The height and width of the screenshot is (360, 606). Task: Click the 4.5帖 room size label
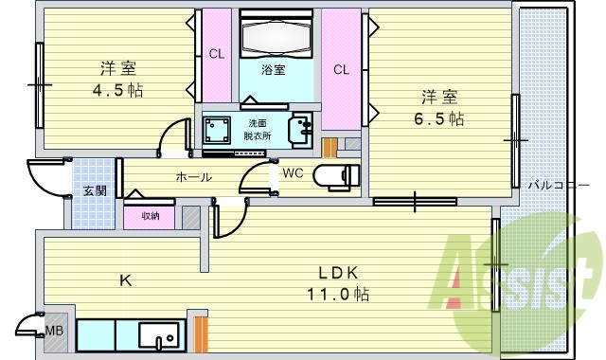pos(118,91)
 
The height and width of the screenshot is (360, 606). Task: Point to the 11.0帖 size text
pos(338,294)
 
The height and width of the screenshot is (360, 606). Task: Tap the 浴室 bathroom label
pos(274,69)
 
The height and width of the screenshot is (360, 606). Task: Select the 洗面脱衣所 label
pos(258,130)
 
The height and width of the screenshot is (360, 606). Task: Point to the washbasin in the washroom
pos(303,128)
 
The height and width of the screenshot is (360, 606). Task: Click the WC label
pos(292,173)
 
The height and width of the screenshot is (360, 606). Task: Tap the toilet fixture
pos(336,175)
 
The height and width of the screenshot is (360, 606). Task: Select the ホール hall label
pos(193,177)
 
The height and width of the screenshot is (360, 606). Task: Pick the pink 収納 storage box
pos(151,216)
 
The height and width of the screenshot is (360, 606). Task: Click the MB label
pos(57,331)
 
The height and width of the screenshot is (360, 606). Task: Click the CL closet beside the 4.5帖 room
pos(217,54)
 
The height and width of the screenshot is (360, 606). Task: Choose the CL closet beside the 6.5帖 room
pos(341,69)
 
